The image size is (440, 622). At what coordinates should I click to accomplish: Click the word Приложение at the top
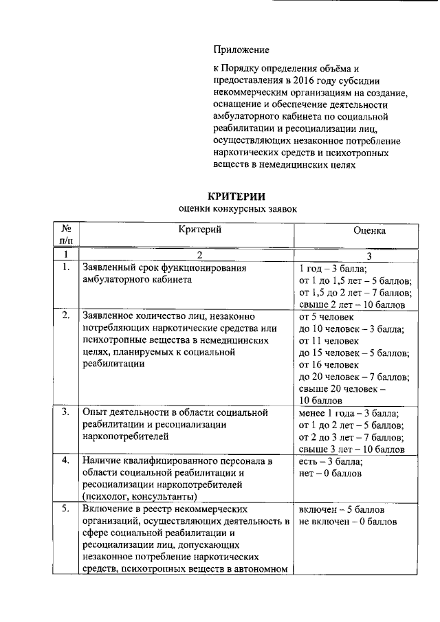pyautogui.click(x=241, y=50)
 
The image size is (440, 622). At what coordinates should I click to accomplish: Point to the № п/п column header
pyautogui.click(x=66, y=234)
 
